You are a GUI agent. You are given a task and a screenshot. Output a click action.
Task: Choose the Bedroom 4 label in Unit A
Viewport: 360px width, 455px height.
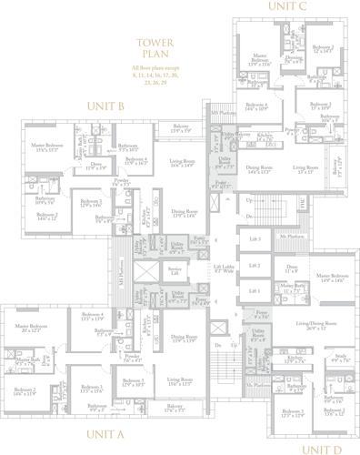pyautogui.click(x=93, y=318)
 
